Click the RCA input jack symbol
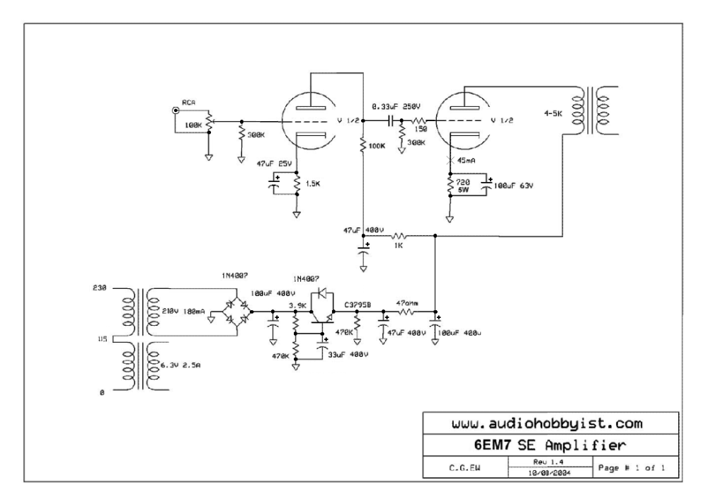click(175, 110)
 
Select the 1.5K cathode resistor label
click(312, 183)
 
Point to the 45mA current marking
click(467, 161)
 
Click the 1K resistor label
click(400, 246)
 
